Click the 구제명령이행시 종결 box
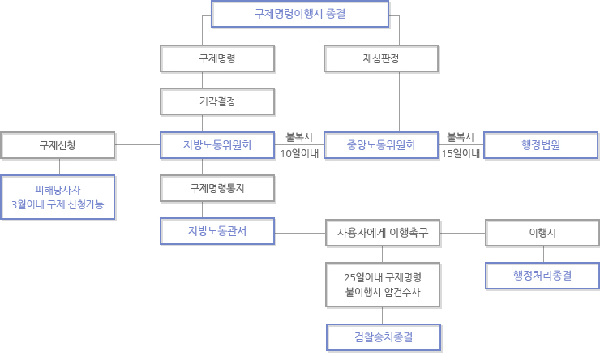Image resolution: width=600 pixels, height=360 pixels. tap(300, 14)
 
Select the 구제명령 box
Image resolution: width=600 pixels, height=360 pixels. tap(217, 58)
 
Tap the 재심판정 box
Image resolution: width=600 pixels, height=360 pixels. tap(381, 58)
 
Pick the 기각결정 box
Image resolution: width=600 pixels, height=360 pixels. tap(217, 101)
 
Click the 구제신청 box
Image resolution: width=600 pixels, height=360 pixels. tap(58, 145)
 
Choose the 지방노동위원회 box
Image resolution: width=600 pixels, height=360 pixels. tap(217, 145)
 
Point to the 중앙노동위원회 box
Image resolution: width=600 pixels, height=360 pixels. tap(381, 145)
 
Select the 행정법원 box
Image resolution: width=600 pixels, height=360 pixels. tap(541, 145)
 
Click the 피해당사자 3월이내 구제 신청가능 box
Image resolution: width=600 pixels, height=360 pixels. tap(58, 197)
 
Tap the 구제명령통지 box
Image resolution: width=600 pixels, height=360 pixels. tap(217, 188)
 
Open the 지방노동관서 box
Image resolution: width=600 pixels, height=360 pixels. tap(217, 231)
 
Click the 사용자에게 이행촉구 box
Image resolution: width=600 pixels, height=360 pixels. tap(383, 233)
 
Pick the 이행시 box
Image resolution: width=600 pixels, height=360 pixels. tap(542, 233)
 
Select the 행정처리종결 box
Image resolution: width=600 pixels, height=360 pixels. tap(542, 276)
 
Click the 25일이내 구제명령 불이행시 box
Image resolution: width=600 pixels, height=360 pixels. tap(383, 285)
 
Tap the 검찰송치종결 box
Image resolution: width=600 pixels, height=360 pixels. tap(384, 337)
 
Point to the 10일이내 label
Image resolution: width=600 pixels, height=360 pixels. tap(300, 153)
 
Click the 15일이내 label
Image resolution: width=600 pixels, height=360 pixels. tap(461, 153)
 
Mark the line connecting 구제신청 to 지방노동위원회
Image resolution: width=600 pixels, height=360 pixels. tap(137, 144)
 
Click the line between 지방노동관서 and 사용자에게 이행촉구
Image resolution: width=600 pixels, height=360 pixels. tap(300, 233)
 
